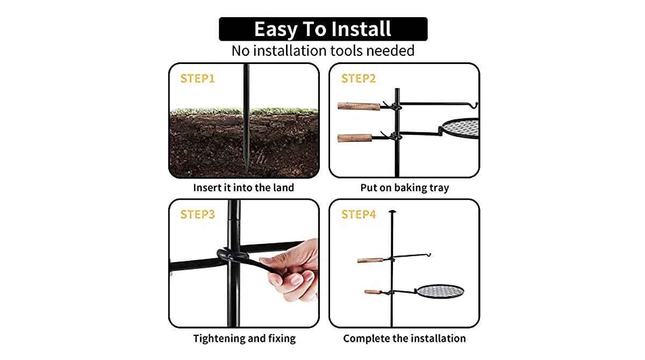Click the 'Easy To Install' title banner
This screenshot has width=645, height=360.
click(323, 29)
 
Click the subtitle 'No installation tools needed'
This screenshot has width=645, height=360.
click(323, 51)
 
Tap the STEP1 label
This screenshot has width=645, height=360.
click(197, 78)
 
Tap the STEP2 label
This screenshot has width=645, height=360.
click(359, 78)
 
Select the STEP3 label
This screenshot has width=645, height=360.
click(197, 214)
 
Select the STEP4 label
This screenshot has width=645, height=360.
click(359, 214)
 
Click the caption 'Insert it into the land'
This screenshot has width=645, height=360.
click(243, 188)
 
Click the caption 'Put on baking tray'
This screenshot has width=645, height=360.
click(404, 188)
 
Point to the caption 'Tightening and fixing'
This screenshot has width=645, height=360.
click(244, 339)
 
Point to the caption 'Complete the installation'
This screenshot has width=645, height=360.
click(404, 339)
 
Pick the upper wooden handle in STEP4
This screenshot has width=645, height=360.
click(371, 260)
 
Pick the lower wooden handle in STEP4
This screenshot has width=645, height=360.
click(373, 292)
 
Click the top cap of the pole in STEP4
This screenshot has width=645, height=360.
click(392, 212)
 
